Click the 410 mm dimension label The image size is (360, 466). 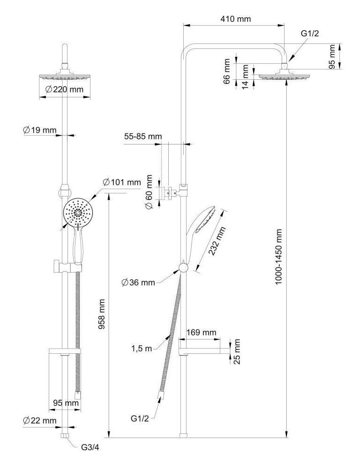[235, 19]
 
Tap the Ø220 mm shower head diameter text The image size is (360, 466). [64, 89]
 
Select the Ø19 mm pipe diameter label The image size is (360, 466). [39, 130]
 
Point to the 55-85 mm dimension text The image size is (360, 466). [143, 137]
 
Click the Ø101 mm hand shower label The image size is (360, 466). [121, 182]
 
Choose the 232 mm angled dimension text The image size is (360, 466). [216, 241]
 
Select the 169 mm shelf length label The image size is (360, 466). [201, 332]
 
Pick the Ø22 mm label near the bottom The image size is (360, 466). [40, 421]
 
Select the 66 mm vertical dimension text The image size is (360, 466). [227, 71]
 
